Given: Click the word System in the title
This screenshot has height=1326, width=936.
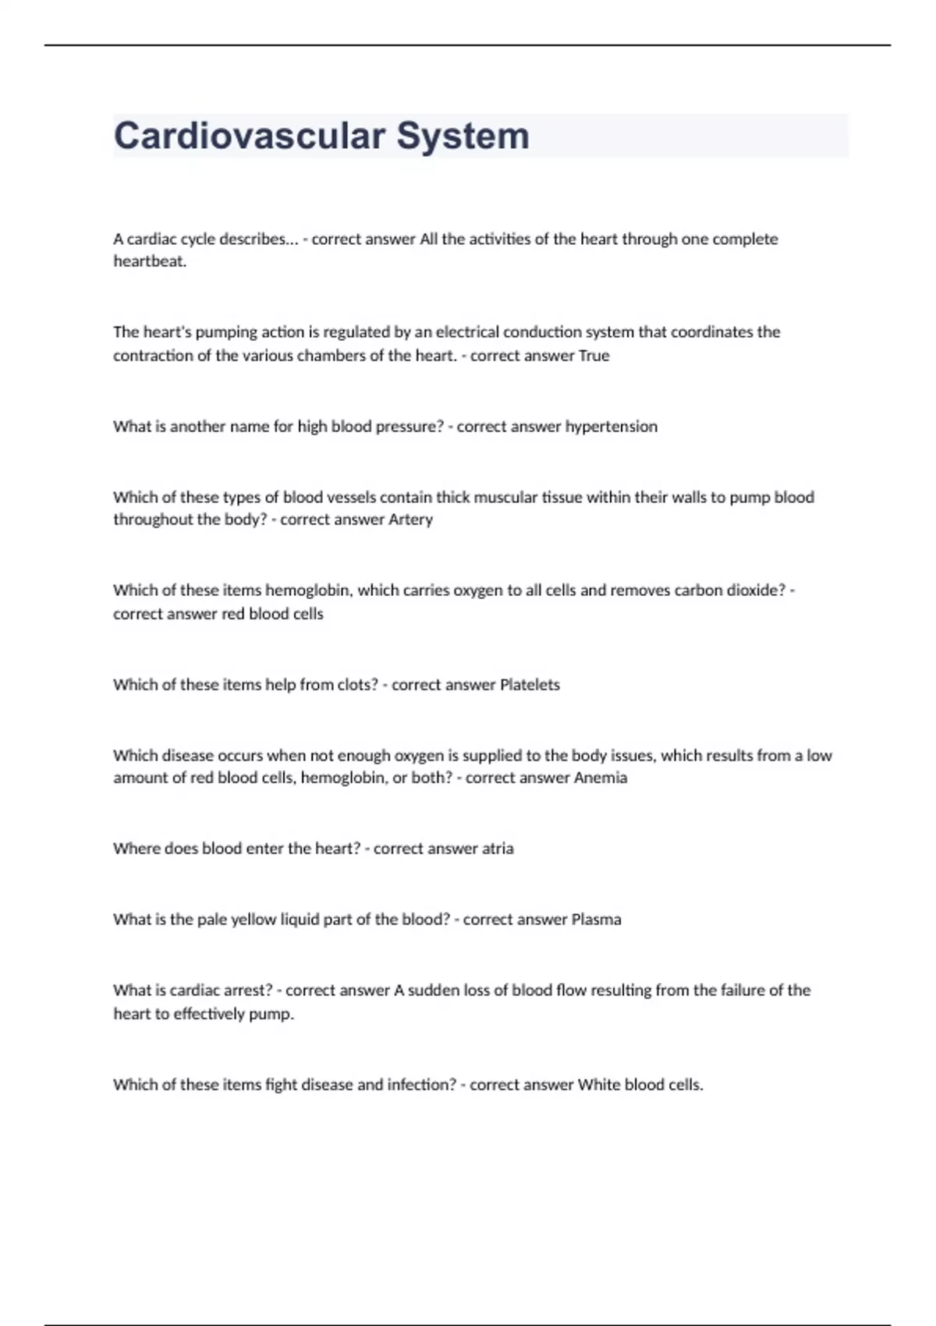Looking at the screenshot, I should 463,136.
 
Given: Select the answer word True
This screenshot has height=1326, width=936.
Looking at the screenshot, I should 594,356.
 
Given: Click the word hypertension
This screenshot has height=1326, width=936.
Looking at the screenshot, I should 611,427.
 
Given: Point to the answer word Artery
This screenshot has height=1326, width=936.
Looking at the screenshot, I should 410,519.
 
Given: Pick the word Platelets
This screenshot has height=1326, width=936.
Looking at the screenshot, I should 530,685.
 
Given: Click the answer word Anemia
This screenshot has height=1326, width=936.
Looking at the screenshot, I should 601,778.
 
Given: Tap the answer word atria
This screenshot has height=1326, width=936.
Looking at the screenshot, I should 498,849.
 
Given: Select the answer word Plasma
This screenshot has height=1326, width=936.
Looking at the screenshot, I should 596,920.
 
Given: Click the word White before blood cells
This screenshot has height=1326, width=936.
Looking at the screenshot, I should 597,1085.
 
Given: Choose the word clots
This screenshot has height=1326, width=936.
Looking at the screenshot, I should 357,685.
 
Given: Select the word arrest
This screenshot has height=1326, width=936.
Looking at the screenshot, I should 242,991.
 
